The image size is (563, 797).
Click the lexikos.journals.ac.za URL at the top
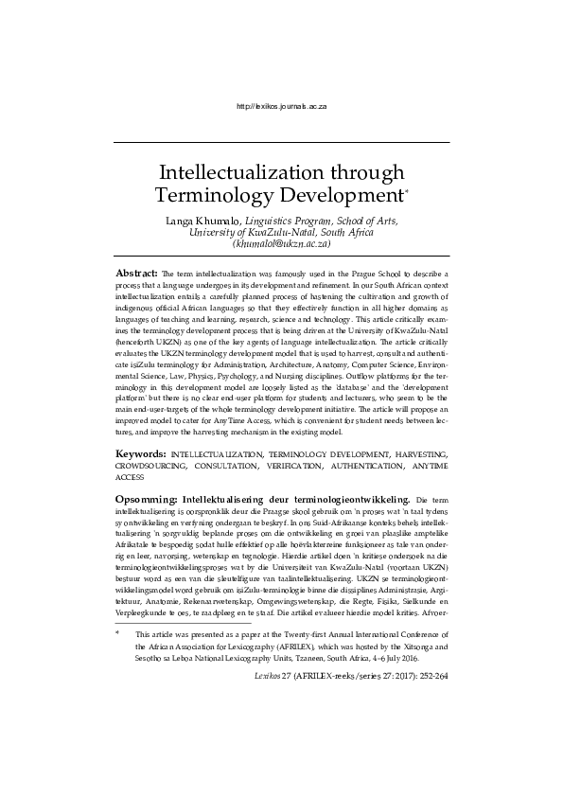coord(281,110)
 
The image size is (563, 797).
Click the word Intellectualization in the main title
coord(233,175)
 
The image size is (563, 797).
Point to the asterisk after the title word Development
coord(407,192)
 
